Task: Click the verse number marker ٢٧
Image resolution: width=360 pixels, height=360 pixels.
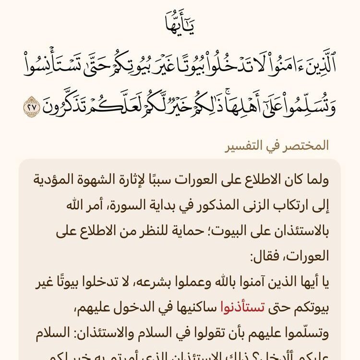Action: coord(32,106)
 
